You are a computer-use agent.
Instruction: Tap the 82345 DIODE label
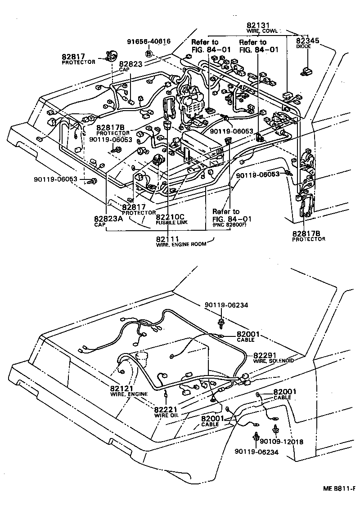pyautogui.click(x=308, y=43)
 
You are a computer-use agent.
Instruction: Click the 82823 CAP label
pyautogui.click(x=130, y=66)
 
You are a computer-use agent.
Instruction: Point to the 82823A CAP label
pyautogui.click(x=105, y=221)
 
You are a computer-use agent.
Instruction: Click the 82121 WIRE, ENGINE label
pyautogui.click(x=128, y=390)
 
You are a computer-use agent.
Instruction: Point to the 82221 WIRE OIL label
pyautogui.click(x=167, y=412)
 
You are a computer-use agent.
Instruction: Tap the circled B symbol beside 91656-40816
pyautogui.click(x=149, y=54)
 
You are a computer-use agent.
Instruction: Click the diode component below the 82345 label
pyautogui.click(x=306, y=70)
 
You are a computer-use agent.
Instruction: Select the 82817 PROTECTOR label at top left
pyautogui.click(x=78, y=58)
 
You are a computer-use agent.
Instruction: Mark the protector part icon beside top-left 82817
pyautogui.click(x=109, y=56)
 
